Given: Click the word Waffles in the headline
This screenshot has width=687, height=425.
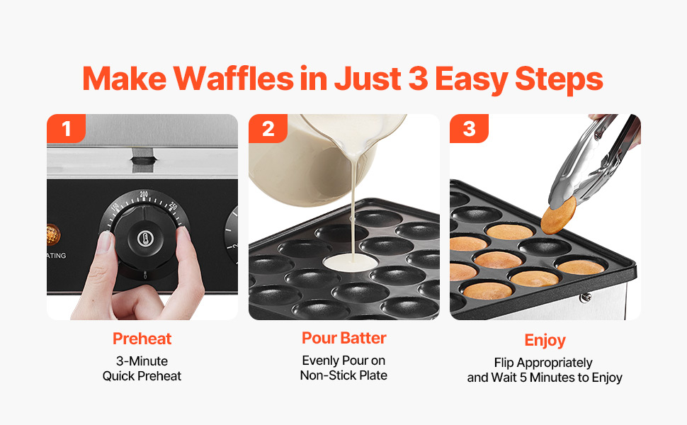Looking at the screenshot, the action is (x=233, y=79).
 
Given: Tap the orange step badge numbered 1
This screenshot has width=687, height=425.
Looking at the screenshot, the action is (x=66, y=128).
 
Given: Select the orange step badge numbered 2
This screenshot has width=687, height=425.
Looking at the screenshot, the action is (x=268, y=128).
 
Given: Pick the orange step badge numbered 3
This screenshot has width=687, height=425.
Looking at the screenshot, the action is (x=470, y=128).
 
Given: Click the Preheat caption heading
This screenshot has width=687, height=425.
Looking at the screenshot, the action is (x=142, y=339).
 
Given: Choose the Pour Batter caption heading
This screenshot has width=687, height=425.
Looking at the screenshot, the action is (x=344, y=338).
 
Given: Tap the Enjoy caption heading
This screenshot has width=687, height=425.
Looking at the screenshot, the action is (x=545, y=341).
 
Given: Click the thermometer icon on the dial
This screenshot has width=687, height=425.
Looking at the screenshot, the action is (x=145, y=239).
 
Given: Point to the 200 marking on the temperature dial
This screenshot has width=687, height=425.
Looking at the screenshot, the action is (x=144, y=195).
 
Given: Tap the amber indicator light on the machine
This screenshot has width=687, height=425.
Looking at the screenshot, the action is (x=52, y=234).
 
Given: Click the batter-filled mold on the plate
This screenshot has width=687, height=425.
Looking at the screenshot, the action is (x=351, y=263).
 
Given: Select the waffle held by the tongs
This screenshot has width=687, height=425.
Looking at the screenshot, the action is (x=558, y=215).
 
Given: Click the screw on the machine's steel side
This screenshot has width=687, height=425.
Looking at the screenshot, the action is (x=585, y=298).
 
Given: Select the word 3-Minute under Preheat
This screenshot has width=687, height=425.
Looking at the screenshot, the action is (x=142, y=361).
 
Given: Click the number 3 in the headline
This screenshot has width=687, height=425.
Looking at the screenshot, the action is (x=418, y=79).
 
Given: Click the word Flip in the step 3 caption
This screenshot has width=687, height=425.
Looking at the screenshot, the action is (x=504, y=363).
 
